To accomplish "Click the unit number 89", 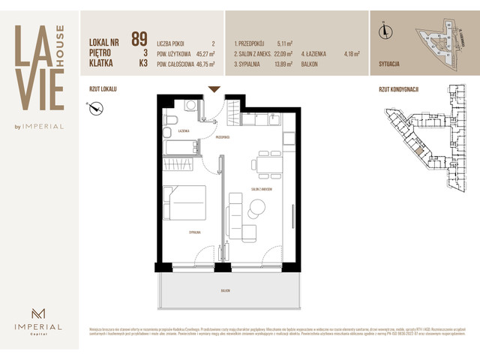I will (139, 39).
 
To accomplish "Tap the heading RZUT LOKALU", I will (102, 88).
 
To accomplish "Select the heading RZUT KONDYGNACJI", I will (398, 88).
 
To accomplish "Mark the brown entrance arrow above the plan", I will (214, 89).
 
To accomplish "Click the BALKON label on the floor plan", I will (225, 289).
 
